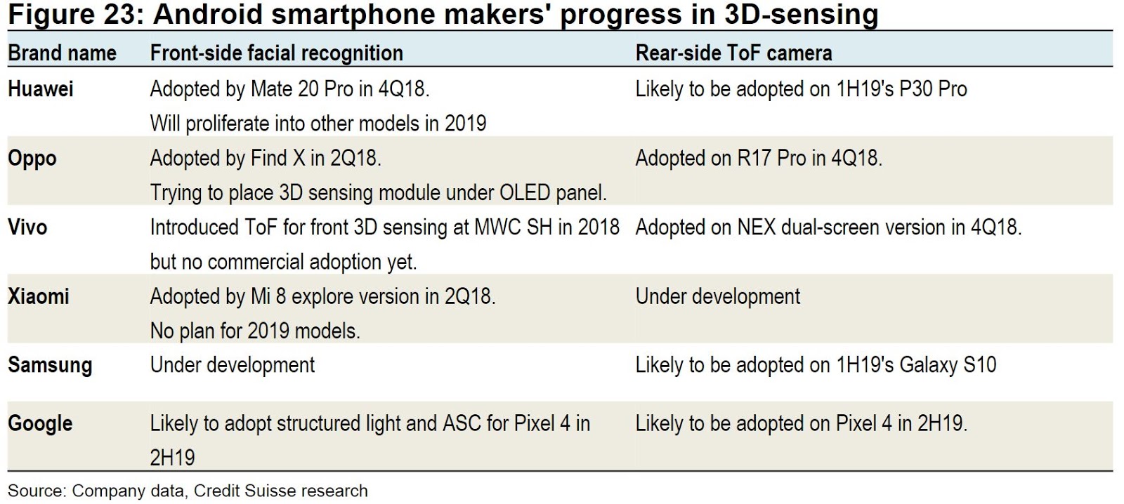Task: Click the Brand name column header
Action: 62,53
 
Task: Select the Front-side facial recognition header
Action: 276,53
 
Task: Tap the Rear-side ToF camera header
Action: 733,53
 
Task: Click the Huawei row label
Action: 41,89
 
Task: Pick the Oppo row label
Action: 32,159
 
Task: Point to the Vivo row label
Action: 27,227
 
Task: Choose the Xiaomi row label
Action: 39,296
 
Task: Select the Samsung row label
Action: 50,365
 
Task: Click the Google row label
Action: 40,424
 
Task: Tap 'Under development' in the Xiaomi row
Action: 717,296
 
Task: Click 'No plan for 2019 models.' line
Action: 255,331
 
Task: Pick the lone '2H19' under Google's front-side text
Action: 172,458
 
